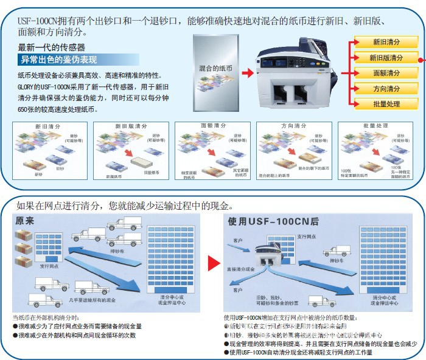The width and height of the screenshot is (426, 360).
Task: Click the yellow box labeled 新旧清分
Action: (x=386, y=42)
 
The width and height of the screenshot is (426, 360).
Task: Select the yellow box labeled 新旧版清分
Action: (x=386, y=58)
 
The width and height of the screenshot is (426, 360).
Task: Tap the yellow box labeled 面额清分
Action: (x=386, y=73)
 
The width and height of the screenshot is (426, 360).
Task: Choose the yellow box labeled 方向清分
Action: (x=386, y=89)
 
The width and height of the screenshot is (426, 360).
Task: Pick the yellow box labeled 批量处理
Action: (x=386, y=104)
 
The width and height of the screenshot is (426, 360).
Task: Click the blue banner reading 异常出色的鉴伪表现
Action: (x=58, y=60)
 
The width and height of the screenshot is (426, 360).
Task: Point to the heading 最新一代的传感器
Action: (x=51, y=47)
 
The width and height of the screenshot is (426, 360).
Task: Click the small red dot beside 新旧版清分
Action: (x=421, y=58)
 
